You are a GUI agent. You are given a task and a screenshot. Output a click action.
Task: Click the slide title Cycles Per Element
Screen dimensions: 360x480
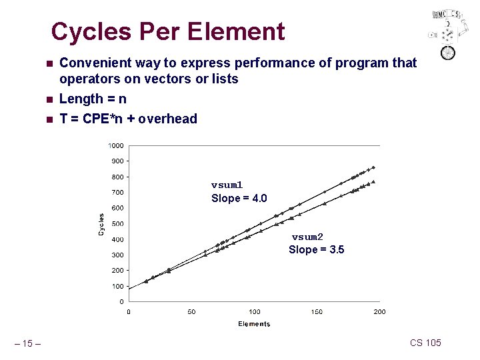168,31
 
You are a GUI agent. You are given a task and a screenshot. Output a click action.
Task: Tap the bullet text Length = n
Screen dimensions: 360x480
93,99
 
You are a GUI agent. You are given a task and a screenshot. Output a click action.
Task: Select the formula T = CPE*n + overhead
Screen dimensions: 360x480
128,119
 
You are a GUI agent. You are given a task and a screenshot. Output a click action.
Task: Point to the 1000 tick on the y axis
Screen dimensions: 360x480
116,145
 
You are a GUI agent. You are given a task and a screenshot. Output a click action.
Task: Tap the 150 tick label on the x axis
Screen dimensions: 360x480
317,312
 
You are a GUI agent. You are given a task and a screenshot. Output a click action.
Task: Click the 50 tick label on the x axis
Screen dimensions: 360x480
191,312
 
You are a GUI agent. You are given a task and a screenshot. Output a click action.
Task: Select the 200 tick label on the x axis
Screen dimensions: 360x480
379,312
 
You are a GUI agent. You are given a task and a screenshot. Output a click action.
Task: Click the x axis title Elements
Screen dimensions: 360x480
254,324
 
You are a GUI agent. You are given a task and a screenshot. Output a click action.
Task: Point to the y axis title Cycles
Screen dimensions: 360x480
101,224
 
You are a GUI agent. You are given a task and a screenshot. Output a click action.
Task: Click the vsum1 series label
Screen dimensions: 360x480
227,185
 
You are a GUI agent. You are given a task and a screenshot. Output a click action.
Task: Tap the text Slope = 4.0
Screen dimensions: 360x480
239,199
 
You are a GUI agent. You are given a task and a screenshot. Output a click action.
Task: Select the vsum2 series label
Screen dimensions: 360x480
307,237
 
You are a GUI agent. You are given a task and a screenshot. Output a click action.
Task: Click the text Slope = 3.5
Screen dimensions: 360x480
316,250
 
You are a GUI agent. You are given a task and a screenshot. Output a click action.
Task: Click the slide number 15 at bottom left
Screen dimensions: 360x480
27,344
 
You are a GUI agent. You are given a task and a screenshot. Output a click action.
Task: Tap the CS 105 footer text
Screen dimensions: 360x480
425,343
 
